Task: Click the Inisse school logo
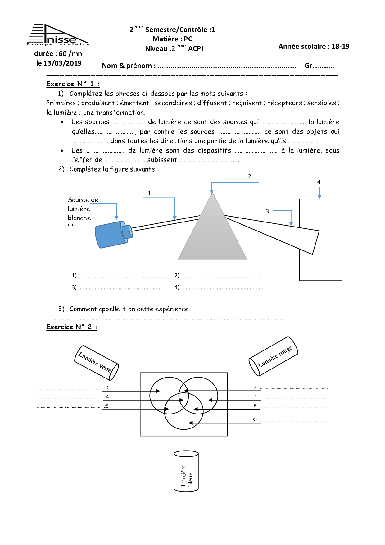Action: (x=58, y=35)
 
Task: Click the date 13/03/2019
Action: (x=59, y=63)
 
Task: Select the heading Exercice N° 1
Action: (x=73, y=84)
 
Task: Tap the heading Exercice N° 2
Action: (x=71, y=327)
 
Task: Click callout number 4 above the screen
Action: (x=319, y=182)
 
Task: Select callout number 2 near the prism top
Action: (x=249, y=176)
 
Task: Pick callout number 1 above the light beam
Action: (x=149, y=193)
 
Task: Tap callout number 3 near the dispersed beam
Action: (x=267, y=211)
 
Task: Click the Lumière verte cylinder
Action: (x=96, y=363)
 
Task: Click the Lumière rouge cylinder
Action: (x=274, y=356)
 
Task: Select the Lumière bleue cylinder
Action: (x=186, y=471)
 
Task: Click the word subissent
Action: (x=162, y=160)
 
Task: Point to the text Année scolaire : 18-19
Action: (x=314, y=47)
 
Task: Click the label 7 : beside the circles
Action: (x=256, y=387)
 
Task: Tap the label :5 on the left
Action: (x=106, y=406)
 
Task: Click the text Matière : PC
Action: (x=172, y=39)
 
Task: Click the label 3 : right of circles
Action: (x=255, y=420)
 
